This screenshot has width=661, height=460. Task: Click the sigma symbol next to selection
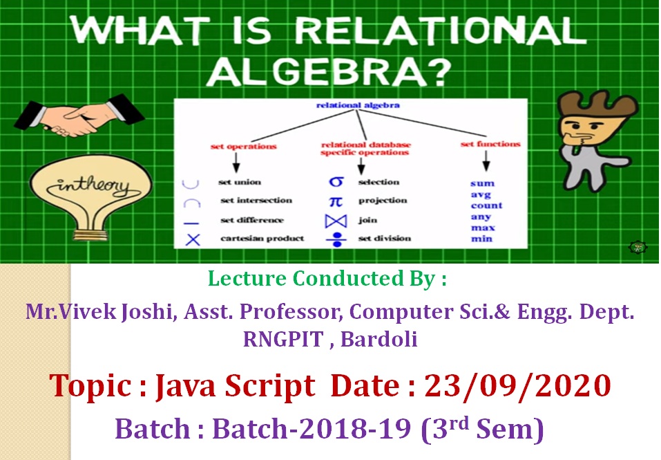point(336,182)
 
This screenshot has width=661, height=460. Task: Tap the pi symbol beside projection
point(336,201)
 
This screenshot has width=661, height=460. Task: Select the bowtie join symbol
point(336,221)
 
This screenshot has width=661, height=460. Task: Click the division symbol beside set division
point(336,239)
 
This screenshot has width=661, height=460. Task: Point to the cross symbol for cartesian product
point(193,240)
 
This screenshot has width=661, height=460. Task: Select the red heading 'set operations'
point(243,147)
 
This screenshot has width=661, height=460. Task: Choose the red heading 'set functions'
point(490,144)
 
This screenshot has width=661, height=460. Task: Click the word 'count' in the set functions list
point(486,205)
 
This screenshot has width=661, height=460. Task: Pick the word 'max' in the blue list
point(483,228)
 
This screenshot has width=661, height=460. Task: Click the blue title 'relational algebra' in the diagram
point(358,105)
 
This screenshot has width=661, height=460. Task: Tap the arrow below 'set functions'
point(486,160)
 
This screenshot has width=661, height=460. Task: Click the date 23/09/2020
point(517,385)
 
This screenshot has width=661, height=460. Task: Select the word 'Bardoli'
point(379,339)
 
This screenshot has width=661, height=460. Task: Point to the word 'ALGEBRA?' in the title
point(329,72)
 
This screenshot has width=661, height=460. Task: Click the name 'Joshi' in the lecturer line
point(146,312)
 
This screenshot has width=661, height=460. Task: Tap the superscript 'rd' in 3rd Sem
point(458,424)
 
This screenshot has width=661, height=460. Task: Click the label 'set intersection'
point(256,201)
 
